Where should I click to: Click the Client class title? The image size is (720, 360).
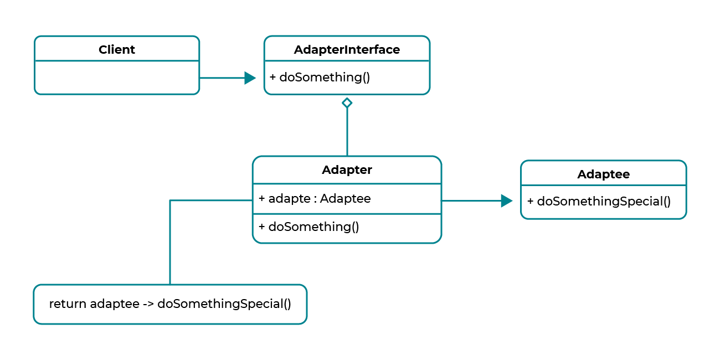point(117,49)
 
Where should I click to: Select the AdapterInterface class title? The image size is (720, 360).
point(347,49)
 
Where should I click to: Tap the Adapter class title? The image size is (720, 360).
point(347,170)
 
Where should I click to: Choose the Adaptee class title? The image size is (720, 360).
point(603,174)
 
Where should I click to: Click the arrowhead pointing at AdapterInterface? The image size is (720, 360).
point(250,78)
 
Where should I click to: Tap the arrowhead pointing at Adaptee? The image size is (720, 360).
point(507,201)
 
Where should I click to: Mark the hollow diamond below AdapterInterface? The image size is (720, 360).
point(347,102)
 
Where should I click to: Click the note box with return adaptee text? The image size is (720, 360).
point(170,304)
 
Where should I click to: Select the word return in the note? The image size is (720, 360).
point(68,304)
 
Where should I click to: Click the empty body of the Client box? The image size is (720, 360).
point(117,77)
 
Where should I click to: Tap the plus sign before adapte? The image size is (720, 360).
point(262,198)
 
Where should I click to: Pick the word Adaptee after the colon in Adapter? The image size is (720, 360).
point(346,198)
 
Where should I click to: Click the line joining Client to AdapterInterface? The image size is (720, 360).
point(222,78)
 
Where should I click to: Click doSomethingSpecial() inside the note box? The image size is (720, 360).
point(224,304)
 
